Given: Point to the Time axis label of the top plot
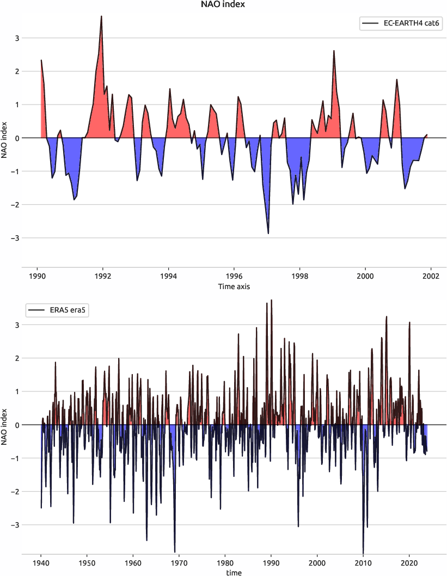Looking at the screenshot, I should (234, 286).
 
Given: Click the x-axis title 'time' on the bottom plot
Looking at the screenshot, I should (234, 572).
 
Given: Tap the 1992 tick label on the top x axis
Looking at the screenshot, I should (103, 276).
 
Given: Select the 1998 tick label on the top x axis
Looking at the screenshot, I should (299, 276).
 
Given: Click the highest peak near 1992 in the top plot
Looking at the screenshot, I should (101, 16).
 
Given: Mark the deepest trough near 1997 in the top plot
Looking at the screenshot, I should (268, 234).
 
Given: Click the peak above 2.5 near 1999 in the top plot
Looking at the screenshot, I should (334, 51).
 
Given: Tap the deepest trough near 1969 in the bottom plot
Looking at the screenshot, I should (175, 552).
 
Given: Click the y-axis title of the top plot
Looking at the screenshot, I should (5, 138).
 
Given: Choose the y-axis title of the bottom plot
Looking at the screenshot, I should (5, 425).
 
